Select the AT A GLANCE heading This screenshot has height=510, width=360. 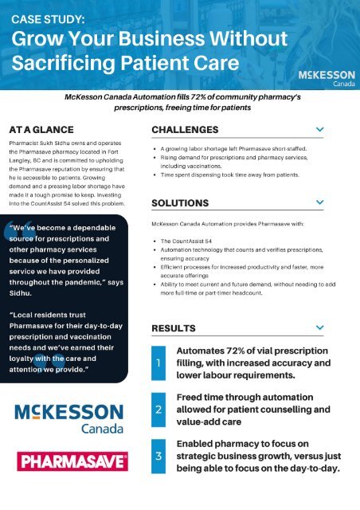41,129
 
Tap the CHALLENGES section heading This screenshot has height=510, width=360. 185,129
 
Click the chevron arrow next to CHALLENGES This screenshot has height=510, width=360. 319,129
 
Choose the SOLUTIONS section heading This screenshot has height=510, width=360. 180,203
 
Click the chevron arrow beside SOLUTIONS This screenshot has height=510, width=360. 319,203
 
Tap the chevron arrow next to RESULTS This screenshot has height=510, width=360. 319,328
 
